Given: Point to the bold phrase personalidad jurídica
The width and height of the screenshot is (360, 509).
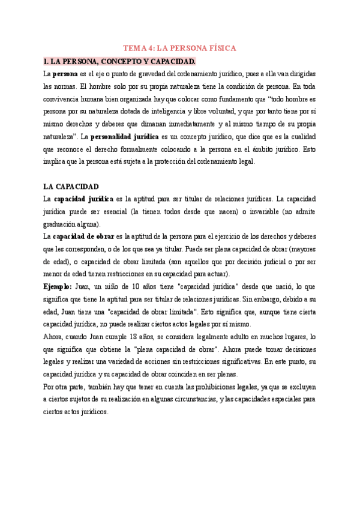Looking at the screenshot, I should click(125, 137).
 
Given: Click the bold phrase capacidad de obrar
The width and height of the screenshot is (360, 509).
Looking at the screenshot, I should click(83, 236).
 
